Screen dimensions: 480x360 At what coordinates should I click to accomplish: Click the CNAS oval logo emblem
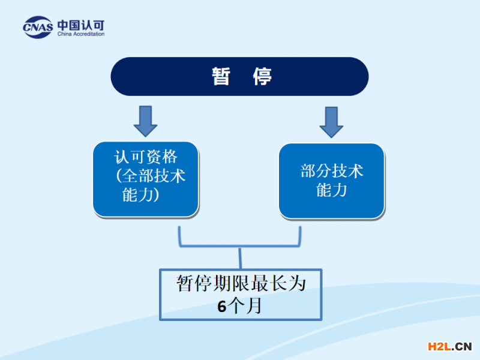pos(38,27)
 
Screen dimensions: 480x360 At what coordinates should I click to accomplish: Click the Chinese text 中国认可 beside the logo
pos(81,25)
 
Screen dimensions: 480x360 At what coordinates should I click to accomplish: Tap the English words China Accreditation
pos(81,34)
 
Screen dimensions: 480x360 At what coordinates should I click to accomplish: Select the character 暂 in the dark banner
pos(221,76)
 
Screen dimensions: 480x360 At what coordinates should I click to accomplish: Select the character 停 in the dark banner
pos(262,76)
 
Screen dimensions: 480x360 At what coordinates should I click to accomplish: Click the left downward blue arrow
pos(145,121)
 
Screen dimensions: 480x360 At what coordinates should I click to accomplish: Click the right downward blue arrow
pos(331,122)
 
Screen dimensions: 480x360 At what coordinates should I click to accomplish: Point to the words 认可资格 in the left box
pos(146,157)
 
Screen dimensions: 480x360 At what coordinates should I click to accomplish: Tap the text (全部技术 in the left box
pos(151,176)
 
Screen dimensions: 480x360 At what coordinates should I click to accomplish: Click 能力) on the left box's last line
pos(140,194)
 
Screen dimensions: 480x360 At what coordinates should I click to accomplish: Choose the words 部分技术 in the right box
pos(332,171)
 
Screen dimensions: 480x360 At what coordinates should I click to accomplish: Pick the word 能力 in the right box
pos(332,190)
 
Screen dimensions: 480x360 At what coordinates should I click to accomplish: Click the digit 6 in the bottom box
pos(222,307)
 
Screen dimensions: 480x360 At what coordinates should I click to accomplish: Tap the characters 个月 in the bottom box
pos(245,305)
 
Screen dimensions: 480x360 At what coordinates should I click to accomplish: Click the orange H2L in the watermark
pos(440,346)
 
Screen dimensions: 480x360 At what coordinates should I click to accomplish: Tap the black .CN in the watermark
pos(461,346)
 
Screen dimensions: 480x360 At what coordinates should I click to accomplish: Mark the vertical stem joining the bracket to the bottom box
pos(241,258)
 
